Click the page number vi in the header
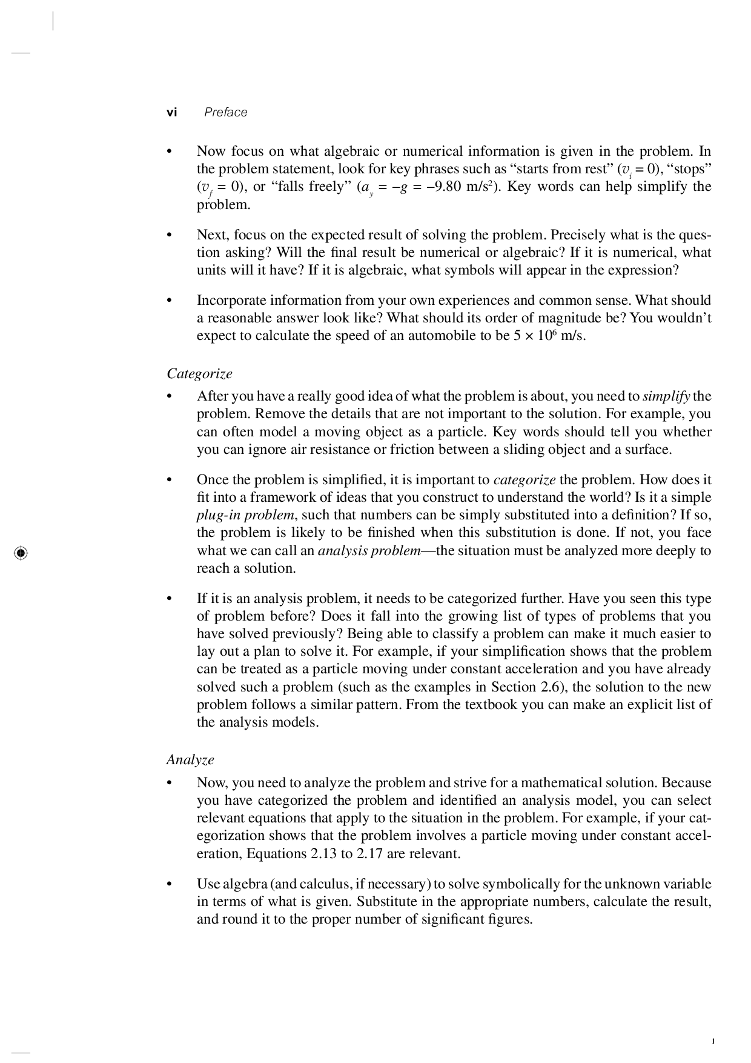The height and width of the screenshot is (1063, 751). [172, 112]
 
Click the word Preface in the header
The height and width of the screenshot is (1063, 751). [225, 112]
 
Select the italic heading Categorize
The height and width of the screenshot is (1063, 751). [199, 374]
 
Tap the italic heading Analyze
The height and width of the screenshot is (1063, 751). [190, 760]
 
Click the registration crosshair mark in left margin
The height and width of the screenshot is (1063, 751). [20, 553]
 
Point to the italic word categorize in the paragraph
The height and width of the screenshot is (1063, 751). [524, 480]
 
